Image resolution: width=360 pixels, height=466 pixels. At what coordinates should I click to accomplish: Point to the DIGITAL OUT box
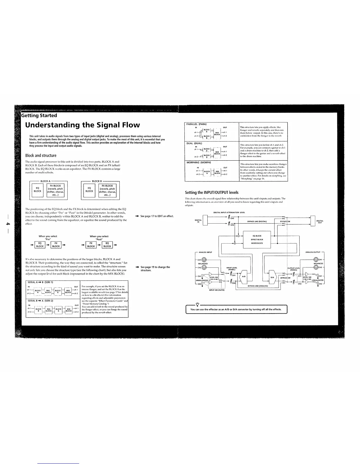(313, 113)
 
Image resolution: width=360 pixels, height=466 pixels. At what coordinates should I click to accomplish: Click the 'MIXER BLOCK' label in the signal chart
(257, 243)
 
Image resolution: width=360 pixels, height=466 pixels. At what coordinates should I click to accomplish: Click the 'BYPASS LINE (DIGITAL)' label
(257, 114)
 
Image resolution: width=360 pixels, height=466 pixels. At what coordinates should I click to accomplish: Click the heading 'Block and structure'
(41, 155)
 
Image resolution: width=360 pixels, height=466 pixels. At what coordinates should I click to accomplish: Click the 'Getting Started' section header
(39, 115)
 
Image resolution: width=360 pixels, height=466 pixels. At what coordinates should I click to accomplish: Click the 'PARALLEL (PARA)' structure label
(197, 124)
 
